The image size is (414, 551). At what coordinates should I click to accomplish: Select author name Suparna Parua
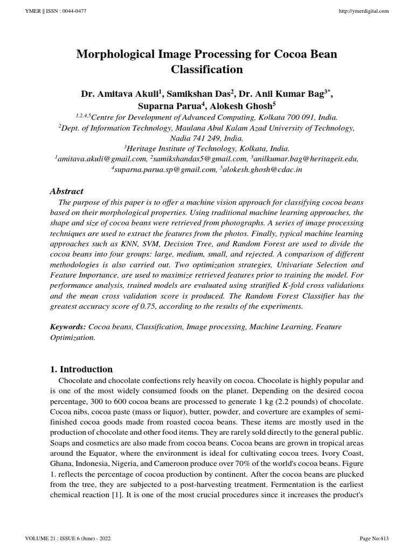pyautogui.click(x=172, y=106)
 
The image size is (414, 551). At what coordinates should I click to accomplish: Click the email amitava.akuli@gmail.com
pyautogui.click(x=102, y=159)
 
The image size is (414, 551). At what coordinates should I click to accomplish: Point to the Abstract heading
pyautogui.click(x=66, y=191)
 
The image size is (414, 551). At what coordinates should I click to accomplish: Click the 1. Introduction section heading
pyautogui.click(x=81, y=369)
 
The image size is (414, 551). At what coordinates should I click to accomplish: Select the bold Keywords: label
pyautogui.click(x=68, y=327)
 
